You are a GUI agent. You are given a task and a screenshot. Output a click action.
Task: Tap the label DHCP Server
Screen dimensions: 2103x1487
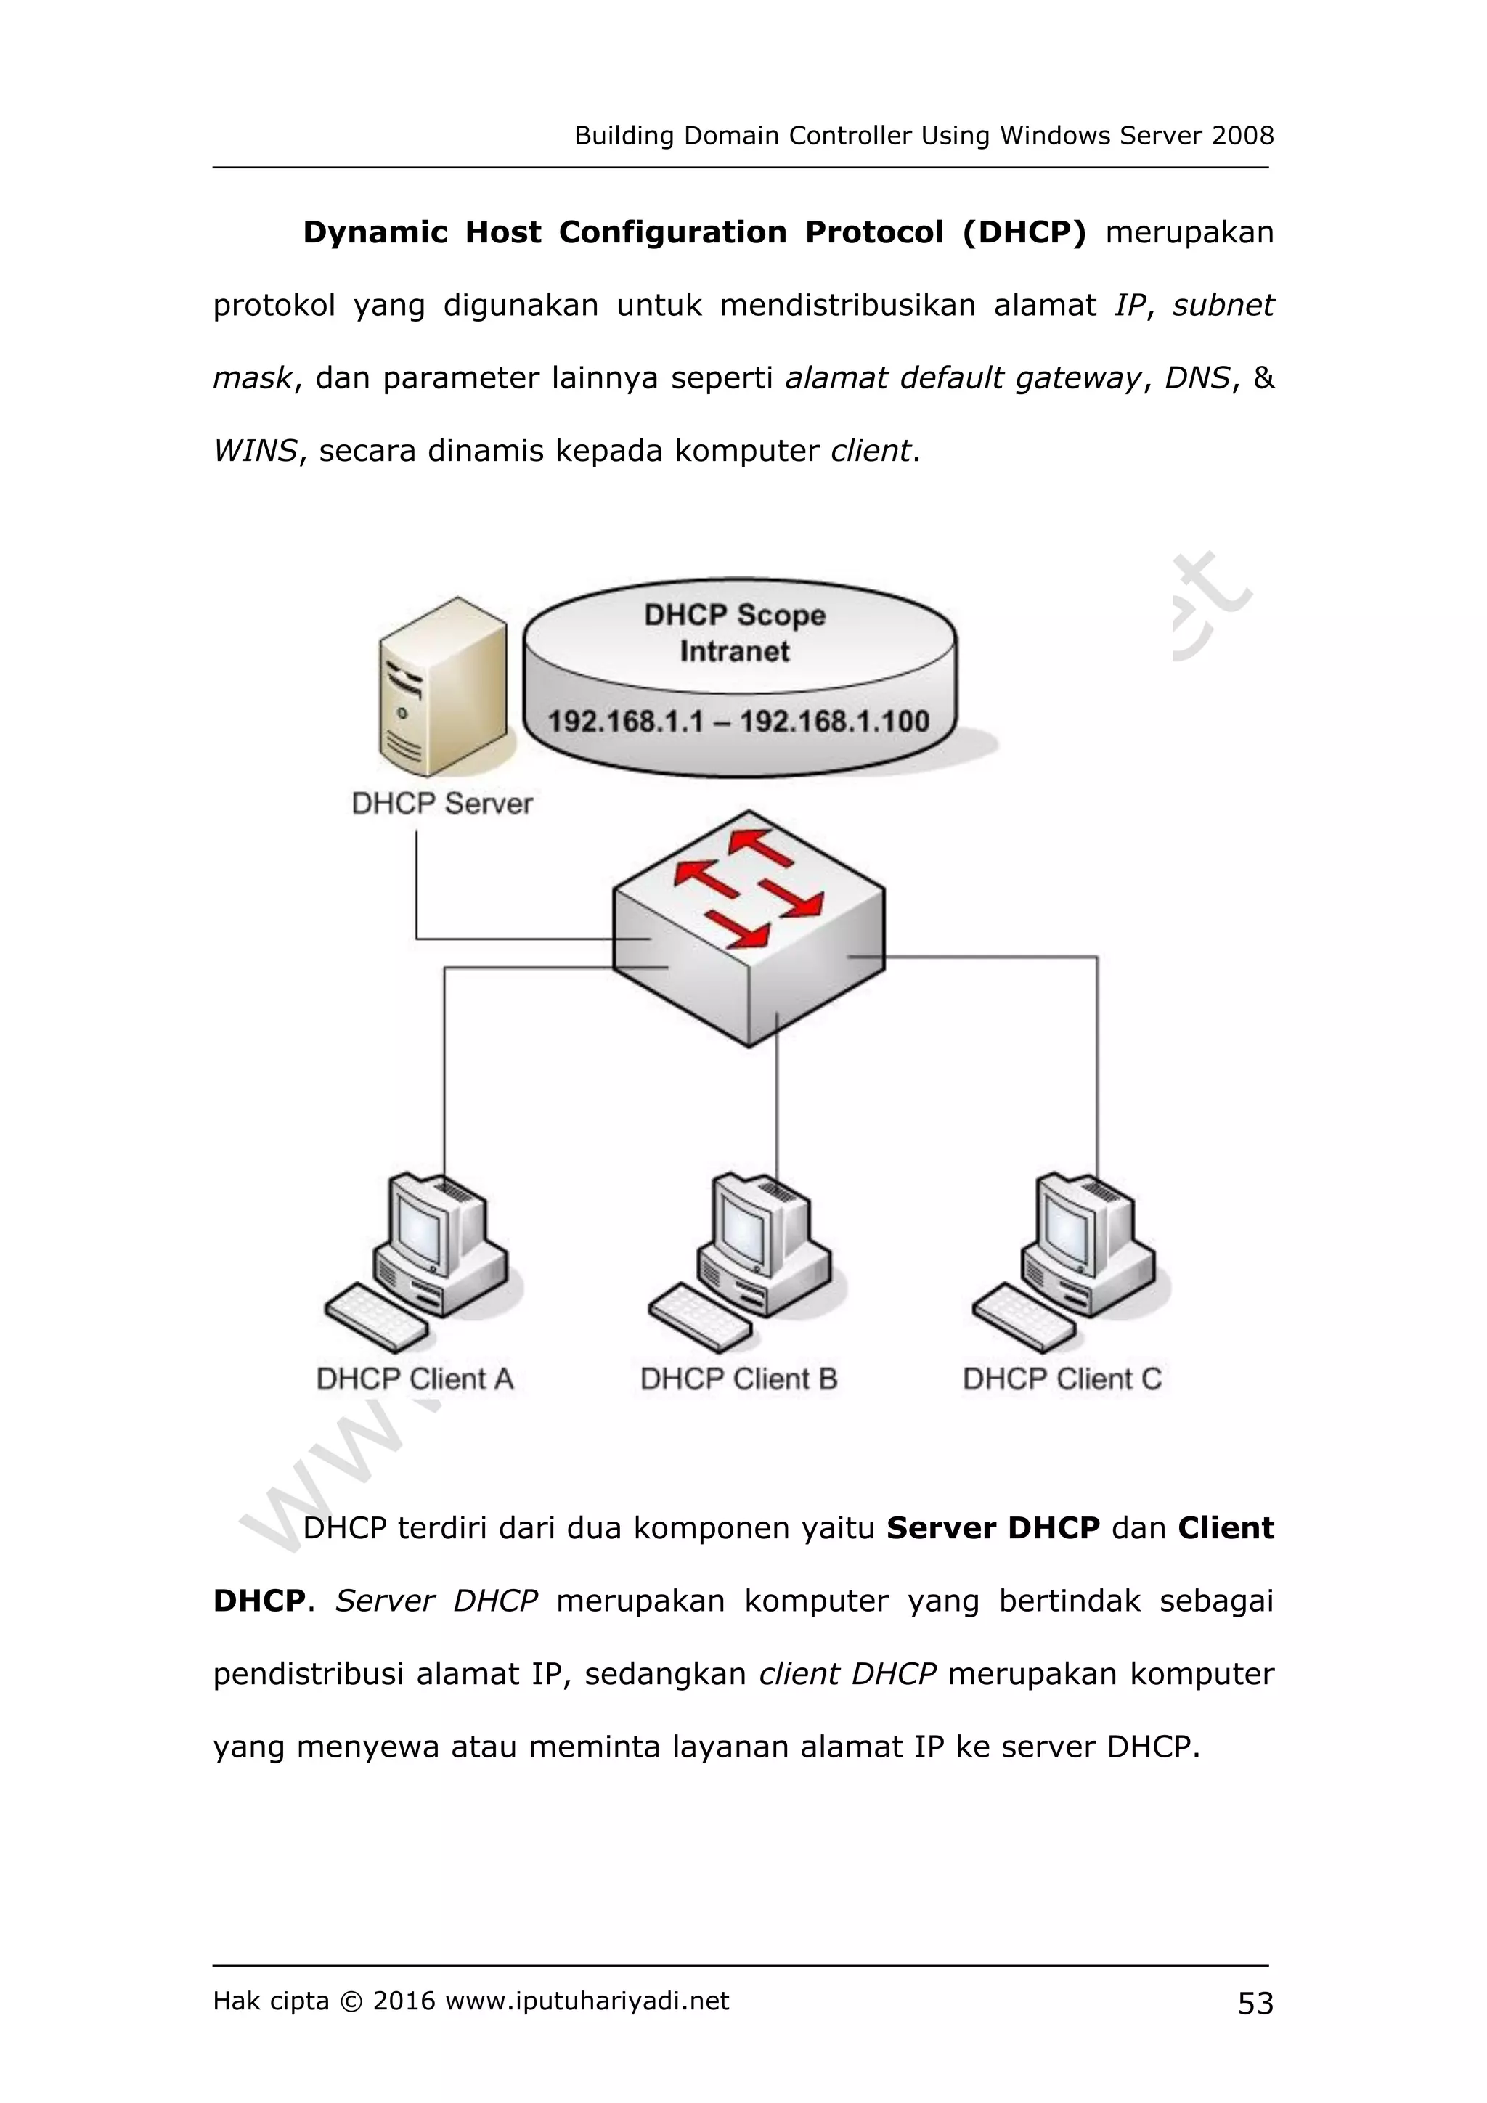442,804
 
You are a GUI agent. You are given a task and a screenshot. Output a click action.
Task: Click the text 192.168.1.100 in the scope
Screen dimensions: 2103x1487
835,722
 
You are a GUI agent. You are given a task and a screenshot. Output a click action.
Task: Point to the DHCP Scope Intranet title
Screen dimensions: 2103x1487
735,632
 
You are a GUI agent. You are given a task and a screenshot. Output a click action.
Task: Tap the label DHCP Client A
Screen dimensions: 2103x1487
415,1379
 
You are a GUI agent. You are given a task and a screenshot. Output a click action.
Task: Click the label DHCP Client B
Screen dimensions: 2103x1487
738,1379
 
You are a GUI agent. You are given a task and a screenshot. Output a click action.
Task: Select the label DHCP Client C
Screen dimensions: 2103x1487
1062,1379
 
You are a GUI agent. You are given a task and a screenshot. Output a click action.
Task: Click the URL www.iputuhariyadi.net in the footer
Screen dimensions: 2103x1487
587,2001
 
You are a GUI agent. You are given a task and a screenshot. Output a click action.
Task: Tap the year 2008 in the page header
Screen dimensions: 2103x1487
1242,136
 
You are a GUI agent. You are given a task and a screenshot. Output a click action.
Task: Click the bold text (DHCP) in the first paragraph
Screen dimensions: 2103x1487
1024,232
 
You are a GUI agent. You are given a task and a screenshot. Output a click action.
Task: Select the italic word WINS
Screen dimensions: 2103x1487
255,451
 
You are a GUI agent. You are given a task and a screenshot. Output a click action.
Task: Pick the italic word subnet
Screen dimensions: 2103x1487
1223,305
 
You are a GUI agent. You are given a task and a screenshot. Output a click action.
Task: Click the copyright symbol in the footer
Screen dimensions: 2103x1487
351,2001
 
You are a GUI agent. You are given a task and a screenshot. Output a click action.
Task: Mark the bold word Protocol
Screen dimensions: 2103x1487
874,232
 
